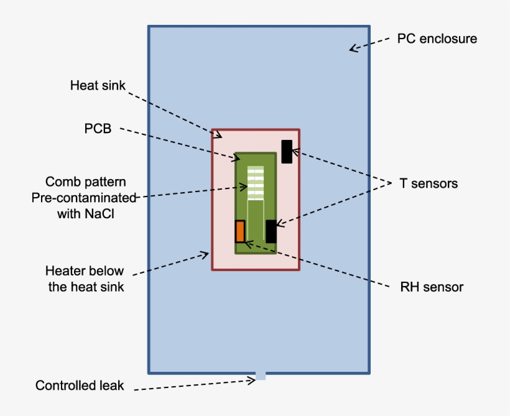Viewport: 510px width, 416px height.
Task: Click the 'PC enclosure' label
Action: click(437, 39)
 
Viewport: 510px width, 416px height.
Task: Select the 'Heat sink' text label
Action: click(98, 85)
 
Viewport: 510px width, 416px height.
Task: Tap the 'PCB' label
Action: click(98, 129)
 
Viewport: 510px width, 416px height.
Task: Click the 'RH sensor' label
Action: click(432, 287)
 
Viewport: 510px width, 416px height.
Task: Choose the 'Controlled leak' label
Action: click(80, 386)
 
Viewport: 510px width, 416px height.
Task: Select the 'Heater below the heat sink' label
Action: click(85, 279)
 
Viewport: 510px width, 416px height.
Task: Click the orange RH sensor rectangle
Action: click(240, 231)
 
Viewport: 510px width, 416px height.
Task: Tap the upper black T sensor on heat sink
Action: click(287, 152)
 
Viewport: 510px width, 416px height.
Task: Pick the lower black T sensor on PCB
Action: click(271, 231)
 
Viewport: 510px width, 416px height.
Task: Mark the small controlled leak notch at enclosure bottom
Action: click(261, 376)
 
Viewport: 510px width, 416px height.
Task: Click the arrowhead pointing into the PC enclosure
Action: click(353, 49)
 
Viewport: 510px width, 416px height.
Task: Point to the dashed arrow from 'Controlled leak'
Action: click(193, 386)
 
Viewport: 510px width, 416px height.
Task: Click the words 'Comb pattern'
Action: click(86, 182)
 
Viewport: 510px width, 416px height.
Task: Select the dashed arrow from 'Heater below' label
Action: click(171, 264)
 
